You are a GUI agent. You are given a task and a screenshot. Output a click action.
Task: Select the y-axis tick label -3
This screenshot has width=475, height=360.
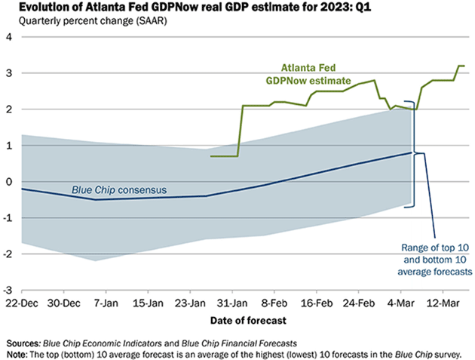coord(9,290)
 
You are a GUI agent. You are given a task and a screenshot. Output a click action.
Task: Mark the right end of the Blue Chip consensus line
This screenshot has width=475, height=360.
coord(412,152)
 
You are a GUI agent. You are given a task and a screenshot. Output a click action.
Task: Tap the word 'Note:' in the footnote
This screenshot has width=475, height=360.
coord(17,352)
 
